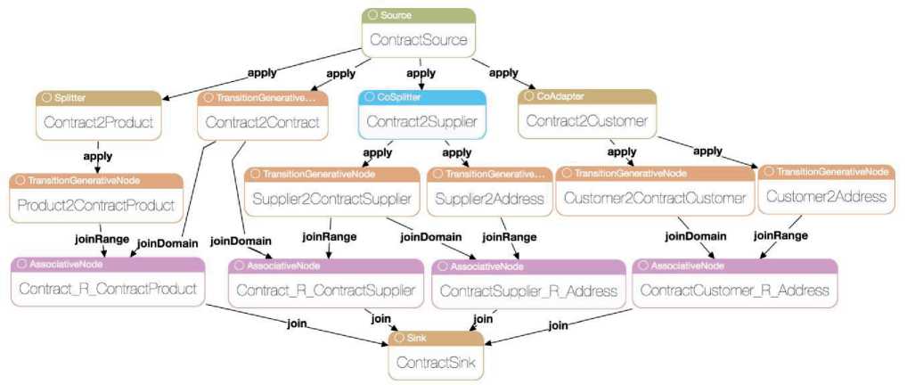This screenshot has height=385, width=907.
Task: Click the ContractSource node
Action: coord(419,40)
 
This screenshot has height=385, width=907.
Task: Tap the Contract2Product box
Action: coord(98,121)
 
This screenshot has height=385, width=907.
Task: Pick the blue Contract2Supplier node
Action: coord(422,121)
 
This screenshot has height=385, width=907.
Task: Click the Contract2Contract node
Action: coord(262,122)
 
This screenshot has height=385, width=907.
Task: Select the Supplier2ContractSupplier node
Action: coord(332,198)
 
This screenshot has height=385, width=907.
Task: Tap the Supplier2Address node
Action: coord(489,198)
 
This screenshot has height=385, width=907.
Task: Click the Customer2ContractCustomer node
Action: coord(655,198)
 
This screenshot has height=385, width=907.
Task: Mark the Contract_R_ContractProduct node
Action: coord(108,289)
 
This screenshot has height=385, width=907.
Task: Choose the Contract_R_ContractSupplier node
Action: coord(325,291)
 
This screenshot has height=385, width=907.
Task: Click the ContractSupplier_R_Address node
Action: coord(528,291)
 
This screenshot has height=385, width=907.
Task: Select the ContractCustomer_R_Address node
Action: coord(734,291)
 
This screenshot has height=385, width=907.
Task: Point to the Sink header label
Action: coord(416,339)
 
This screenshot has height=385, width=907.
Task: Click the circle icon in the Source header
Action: coord(372,16)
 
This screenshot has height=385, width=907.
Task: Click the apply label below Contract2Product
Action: coord(97,156)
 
